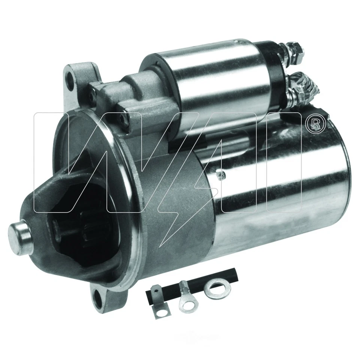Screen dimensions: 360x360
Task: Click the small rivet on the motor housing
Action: pyautogui.click(x=222, y=173)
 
